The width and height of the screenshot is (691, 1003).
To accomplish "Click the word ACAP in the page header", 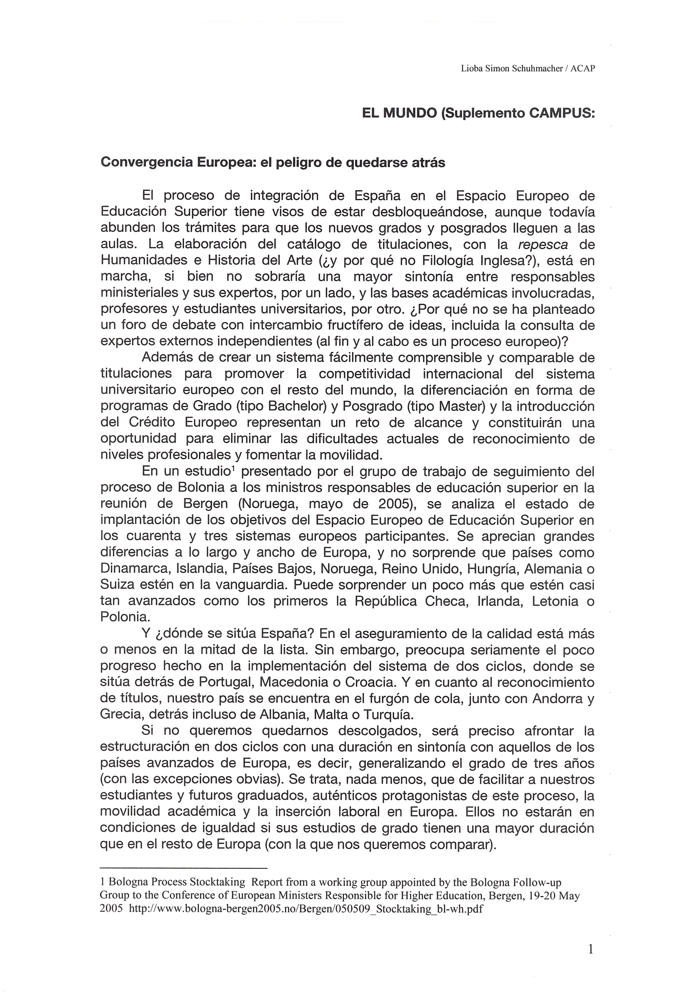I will coord(583,69).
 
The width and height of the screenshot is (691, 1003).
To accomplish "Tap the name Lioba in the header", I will coord(470,69).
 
